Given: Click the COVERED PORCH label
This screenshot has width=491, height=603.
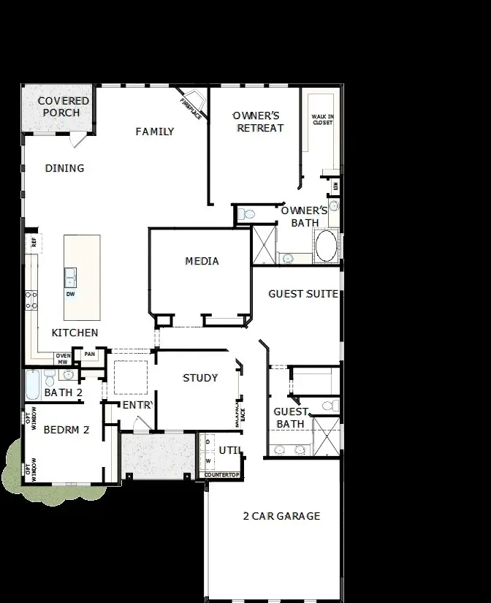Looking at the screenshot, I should [x=64, y=107].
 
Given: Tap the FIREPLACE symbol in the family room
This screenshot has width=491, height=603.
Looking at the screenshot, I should [x=191, y=103].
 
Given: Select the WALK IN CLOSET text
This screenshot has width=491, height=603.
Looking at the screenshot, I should [x=322, y=119].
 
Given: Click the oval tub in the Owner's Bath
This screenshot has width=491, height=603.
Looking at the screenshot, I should [x=326, y=246].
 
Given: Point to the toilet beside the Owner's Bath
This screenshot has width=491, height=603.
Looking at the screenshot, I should [x=246, y=215].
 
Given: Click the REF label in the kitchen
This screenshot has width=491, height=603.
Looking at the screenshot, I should [x=32, y=243].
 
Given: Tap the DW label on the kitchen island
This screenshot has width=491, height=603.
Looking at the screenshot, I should [x=70, y=294].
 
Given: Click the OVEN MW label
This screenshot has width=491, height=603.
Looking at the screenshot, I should [x=64, y=358].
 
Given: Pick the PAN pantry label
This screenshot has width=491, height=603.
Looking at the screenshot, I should [x=89, y=354].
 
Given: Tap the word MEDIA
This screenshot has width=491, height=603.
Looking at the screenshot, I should [x=202, y=261].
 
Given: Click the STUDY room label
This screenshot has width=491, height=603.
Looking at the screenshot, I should [x=200, y=378].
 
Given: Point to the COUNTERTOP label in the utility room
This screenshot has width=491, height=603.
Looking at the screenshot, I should [x=222, y=475].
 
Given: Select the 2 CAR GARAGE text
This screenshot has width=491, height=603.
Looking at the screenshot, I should [x=281, y=516].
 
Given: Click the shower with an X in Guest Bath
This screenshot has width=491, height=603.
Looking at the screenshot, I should [x=327, y=435].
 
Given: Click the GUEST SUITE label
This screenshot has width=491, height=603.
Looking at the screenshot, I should [x=302, y=294].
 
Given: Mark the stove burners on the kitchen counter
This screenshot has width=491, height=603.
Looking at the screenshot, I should [x=31, y=300].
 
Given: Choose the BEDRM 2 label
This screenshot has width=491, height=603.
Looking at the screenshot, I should [x=66, y=430].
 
